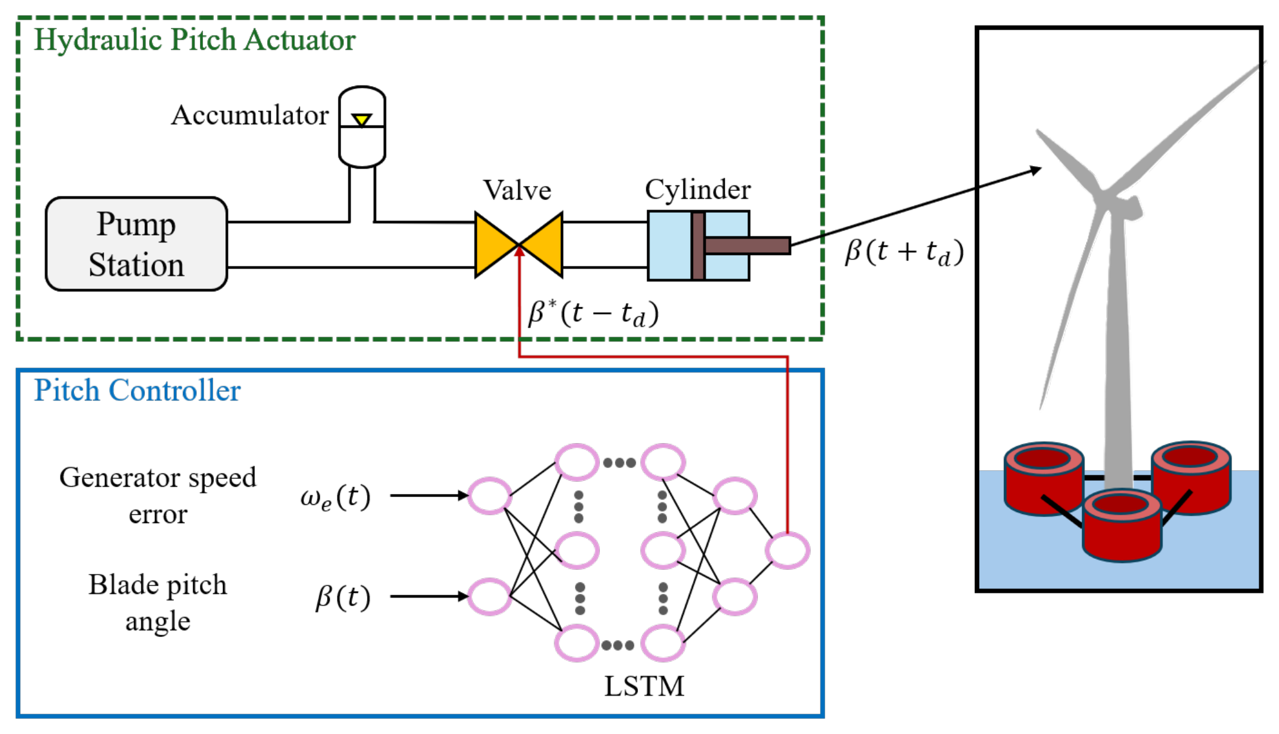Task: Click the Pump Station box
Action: (x=136, y=244)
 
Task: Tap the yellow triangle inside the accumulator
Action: (x=362, y=120)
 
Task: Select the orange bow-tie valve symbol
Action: (x=519, y=244)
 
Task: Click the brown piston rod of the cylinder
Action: (x=748, y=245)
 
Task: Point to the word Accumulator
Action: (x=250, y=115)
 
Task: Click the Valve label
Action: (x=517, y=190)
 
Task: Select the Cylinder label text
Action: (x=697, y=190)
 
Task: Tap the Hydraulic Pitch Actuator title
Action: (x=194, y=40)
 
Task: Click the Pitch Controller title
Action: (x=137, y=390)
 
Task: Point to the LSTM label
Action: (x=644, y=686)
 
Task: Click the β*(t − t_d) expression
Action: (x=593, y=313)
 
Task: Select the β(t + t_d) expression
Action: (x=904, y=252)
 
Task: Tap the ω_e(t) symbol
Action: (x=335, y=498)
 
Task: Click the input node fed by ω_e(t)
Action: (x=490, y=496)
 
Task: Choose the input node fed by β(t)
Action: (x=490, y=596)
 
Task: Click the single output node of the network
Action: (x=787, y=550)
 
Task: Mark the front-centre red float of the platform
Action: (x=1121, y=525)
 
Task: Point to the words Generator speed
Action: (x=158, y=478)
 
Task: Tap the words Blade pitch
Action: (x=158, y=585)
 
